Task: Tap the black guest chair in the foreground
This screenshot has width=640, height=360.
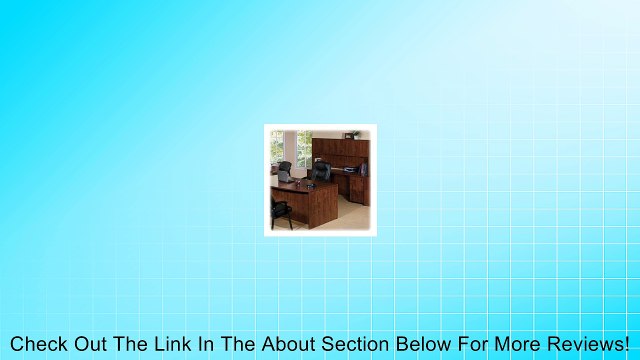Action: (x=282, y=207)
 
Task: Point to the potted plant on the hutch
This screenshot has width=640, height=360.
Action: (x=352, y=134)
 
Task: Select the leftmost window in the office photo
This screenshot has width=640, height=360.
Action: (x=277, y=148)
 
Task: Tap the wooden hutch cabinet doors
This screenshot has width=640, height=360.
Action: (x=341, y=149)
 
